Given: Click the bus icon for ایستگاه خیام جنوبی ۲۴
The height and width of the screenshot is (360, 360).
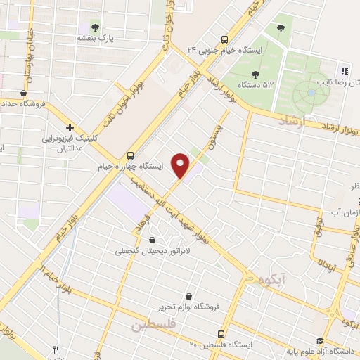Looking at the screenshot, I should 224,39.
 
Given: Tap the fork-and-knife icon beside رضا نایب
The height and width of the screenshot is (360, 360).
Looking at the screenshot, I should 344,70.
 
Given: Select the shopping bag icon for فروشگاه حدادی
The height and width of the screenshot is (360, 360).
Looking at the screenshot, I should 25,93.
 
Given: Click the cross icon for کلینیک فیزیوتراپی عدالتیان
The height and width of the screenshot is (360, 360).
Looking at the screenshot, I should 70,127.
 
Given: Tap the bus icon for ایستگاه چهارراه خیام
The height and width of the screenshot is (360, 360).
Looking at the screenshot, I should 130,155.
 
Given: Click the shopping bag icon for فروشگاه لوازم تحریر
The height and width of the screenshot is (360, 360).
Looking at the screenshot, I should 188,295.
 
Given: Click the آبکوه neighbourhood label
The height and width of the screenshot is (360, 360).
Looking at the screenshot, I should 269,279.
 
